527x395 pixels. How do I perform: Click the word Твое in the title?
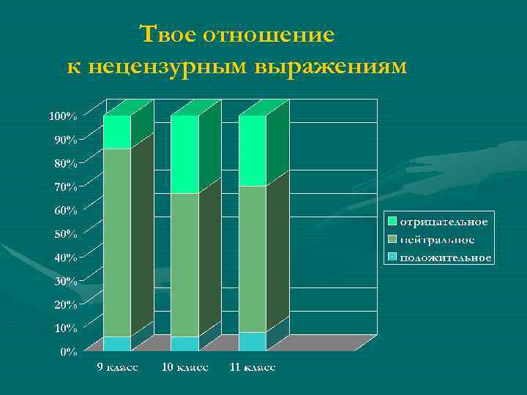coord(166,34)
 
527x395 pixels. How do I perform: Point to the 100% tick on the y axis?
coord(63,116)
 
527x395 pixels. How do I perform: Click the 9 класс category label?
coord(119,366)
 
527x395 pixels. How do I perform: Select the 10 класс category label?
coord(184,366)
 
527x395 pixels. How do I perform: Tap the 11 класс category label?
coord(253,366)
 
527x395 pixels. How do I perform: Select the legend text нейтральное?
coord(437,239)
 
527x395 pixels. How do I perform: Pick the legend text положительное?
coord(445,257)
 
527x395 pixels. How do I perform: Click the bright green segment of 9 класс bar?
coord(117,132)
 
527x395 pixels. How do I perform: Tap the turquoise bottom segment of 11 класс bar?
coord(253,342)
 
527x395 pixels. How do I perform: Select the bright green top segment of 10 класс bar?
coord(184,154)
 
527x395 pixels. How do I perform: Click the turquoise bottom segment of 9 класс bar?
coord(117,344)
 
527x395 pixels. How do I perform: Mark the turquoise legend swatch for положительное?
coord(393,257)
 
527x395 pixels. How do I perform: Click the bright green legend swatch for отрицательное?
coord(393,221)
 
